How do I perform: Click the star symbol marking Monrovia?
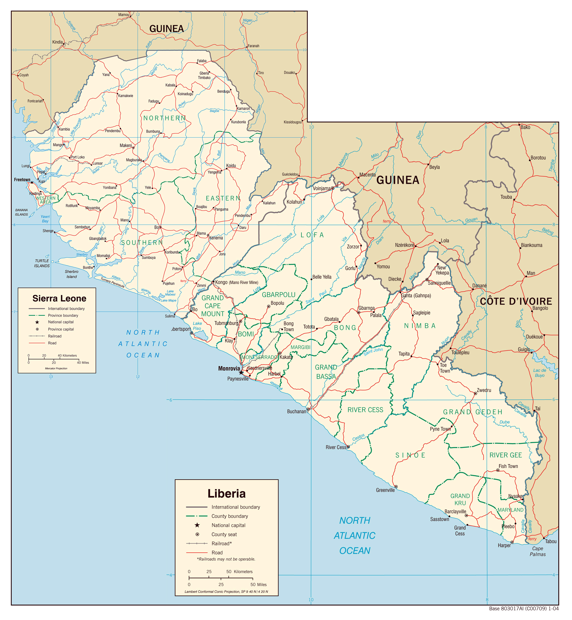tap(241, 372)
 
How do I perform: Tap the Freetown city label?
tap(22, 180)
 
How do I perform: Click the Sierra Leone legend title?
tap(59, 298)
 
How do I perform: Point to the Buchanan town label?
tap(296, 411)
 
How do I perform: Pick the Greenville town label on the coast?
tap(385, 490)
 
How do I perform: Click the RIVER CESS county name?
tap(365, 410)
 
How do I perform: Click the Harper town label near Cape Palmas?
tap(504, 546)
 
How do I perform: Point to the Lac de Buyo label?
tap(540, 373)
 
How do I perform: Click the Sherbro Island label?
tap(71, 274)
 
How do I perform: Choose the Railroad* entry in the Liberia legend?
tap(222, 544)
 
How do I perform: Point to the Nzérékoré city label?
tap(404, 245)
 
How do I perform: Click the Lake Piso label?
tap(197, 326)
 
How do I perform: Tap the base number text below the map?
tap(524, 609)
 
